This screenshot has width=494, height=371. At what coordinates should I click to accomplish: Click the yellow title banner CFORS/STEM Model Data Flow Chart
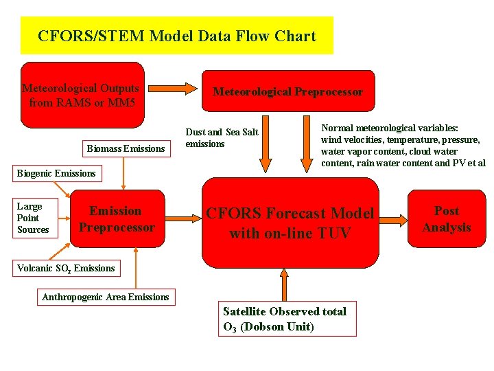point(177,36)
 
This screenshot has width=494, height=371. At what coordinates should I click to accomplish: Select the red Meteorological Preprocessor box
point(287,91)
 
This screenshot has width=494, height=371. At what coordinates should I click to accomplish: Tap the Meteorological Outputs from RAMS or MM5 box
point(82,95)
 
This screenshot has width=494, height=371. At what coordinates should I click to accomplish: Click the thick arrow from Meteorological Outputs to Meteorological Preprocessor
point(172,89)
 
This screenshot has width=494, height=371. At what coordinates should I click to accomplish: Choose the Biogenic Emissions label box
point(56,173)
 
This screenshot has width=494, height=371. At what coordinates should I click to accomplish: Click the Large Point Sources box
point(34,218)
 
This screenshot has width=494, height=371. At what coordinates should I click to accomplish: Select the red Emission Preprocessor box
point(117,219)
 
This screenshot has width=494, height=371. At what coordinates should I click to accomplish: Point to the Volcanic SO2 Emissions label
point(66,268)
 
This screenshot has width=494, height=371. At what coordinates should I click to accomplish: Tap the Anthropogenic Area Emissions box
point(105,297)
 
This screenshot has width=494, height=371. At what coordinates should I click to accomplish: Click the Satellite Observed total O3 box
point(287,319)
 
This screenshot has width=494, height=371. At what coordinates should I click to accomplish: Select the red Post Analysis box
point(447,219)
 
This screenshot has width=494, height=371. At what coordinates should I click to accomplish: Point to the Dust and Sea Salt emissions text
point(222,138)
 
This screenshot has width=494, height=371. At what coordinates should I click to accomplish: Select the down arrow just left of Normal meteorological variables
point(307,144)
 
